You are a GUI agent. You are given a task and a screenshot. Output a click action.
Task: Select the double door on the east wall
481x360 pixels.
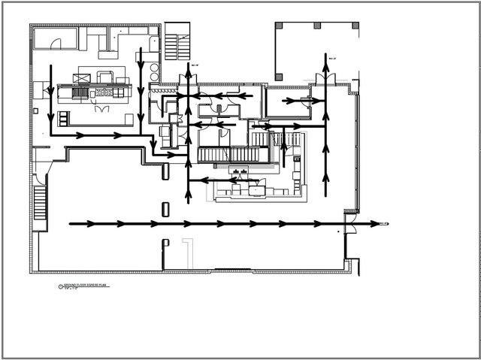tap(348, 224)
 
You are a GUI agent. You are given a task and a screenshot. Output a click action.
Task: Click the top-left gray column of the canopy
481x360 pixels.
tap(280, 26)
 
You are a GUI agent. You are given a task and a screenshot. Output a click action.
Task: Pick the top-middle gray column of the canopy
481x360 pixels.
tap(317, 26)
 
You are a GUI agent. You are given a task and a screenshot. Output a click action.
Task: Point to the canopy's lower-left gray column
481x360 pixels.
tap(280, 76)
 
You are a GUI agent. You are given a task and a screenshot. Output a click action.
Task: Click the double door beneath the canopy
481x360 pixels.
tap(324, 78)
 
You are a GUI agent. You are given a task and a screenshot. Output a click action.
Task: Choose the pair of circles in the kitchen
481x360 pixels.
tap(154, 70)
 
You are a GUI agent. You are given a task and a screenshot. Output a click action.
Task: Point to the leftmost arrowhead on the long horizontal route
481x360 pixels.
tap(90, 224)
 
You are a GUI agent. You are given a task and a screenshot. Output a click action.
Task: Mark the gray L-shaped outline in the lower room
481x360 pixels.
tap(189, 251)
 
